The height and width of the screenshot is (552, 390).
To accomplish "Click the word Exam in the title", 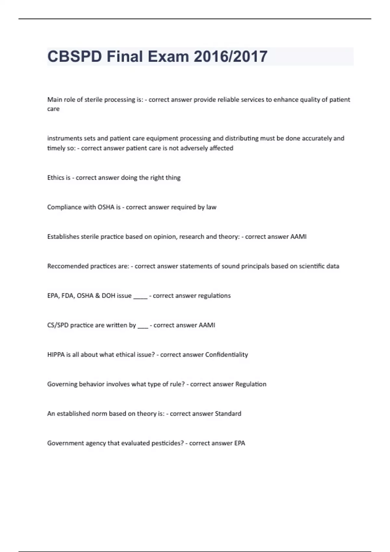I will [x=168, y=56].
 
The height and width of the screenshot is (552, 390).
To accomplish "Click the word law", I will [x=211, y=207].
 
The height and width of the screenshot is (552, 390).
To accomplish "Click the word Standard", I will [x=228, y=414].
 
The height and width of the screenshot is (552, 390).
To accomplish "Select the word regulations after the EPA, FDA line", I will [x=214, y=296].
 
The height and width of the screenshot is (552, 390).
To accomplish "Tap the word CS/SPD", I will [x=58, y=325].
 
